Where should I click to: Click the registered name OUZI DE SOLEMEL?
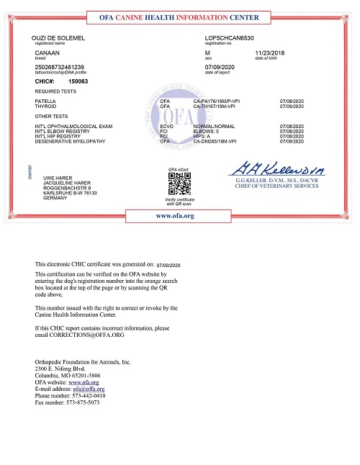[55, 36]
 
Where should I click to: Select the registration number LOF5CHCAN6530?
[229, 36]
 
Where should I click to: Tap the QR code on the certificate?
[178, 166]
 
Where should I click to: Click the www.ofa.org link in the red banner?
[176, 196]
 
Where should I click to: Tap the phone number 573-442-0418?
[85, 395]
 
